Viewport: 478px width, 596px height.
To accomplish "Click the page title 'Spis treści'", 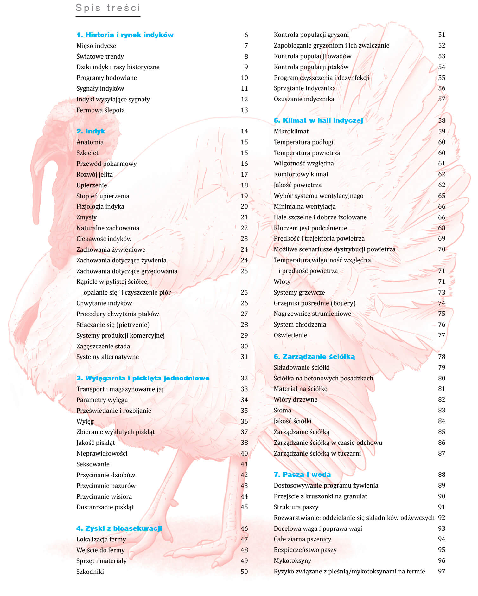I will [108, 8].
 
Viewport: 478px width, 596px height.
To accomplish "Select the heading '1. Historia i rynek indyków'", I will [125, 35].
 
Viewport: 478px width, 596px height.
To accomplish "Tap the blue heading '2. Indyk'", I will [91, 131].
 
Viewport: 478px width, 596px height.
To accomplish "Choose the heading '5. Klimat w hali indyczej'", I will [318, 120].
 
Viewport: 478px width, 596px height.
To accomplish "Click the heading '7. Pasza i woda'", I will [302, 475].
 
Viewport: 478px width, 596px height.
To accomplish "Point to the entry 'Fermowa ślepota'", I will [100, 110].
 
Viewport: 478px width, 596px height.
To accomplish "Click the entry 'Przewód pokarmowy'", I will [106, 164].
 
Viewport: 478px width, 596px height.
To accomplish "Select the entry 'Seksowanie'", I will [93, 464].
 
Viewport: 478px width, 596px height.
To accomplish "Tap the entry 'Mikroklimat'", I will [291, 131].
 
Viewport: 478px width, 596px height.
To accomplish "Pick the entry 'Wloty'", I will [282, 282].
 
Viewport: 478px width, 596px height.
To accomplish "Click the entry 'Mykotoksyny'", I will [292, 560].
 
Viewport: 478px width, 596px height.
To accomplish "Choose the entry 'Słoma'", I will [282, 410].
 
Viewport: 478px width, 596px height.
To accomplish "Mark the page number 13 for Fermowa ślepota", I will [244, 110].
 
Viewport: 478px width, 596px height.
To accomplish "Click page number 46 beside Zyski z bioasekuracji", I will [244, 528].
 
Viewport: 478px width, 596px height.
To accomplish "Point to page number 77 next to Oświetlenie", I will [442, 335].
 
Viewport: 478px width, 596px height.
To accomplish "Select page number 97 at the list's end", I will [442, 571].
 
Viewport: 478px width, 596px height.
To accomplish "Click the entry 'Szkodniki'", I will [90, 572].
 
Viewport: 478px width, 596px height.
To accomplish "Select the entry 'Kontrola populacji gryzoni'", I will [311, 35].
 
